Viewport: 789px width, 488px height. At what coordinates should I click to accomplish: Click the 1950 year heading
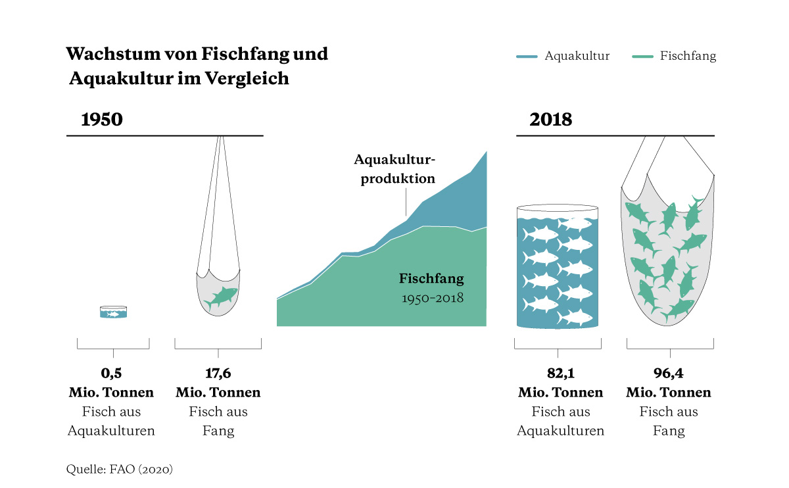click(x=102, y=120)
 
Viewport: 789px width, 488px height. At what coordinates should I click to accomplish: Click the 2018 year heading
click(x=550, y=120)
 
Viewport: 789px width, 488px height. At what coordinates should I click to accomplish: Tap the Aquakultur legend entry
click(x=577, y=56)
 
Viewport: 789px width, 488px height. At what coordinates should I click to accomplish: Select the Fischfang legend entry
click(x=688, y=56)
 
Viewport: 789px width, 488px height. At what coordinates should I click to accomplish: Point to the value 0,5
click(x=111, y=374)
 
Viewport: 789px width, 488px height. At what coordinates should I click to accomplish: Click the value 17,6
click(x=218, y=374)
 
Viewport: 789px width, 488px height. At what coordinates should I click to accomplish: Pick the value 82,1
click(x=560, y=374)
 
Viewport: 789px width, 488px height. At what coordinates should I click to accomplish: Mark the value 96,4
click(x=668, y=374)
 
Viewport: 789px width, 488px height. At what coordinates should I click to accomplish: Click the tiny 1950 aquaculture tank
click(x=113, y=312)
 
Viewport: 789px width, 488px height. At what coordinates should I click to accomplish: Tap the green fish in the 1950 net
click(x=221, y=297)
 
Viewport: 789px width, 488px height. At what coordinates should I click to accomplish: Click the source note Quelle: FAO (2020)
click(x=119, y=470)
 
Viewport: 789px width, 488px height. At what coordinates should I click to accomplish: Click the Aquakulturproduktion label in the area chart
click(x=394, y=169)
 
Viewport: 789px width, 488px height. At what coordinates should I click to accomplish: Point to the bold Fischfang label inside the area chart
click(x=431, y=278)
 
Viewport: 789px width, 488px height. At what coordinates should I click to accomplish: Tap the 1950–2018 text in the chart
click(x=433, y=298)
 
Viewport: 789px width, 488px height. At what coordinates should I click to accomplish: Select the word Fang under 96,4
click(x=668, y=431)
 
